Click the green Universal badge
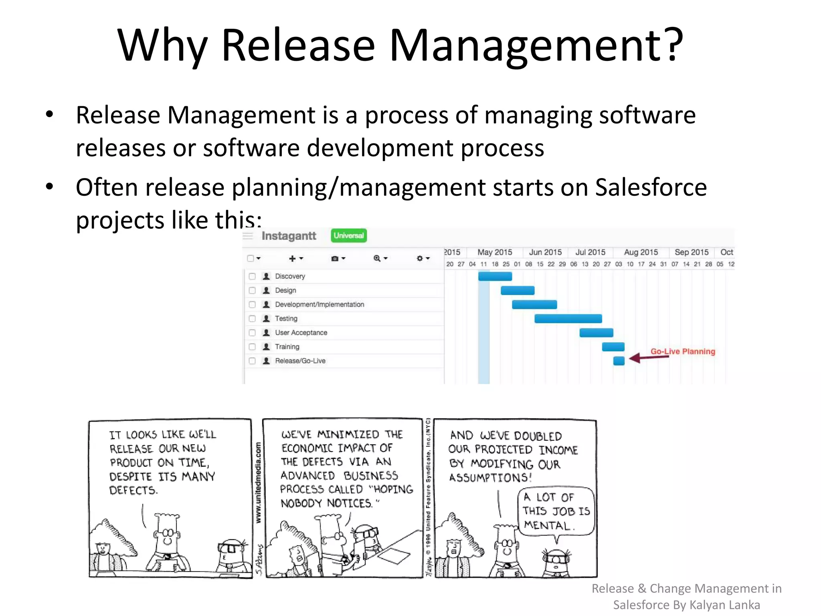tap(349, 235)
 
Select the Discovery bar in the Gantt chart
tap(495, 276)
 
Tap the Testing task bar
tap(568, 318)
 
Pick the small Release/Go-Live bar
tap(619, 361)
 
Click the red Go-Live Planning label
tap(682, 351)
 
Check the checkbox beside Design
tap(252, 290)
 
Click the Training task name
tap(287, 346)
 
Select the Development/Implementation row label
tap(320, 304)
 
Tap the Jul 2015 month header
tap(590, 252)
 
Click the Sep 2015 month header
tap(692, 252)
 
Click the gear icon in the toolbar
tap(420, 258)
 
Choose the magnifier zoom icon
tap(377, 258)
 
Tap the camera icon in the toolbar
tap(335, 259)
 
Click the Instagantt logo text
tap(289, 236)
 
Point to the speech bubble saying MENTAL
tap(556, 511)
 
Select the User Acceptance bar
tap(596, 332)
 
